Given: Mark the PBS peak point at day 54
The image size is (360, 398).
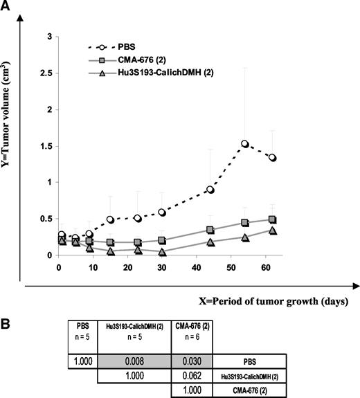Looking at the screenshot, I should click(x=245, y=144).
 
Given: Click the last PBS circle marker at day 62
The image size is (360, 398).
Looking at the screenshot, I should click(x=272, y=158).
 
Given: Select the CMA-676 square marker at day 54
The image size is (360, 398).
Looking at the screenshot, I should click(x=245, y=223).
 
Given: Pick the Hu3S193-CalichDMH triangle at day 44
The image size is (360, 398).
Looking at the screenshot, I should click(x=210, y=242).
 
